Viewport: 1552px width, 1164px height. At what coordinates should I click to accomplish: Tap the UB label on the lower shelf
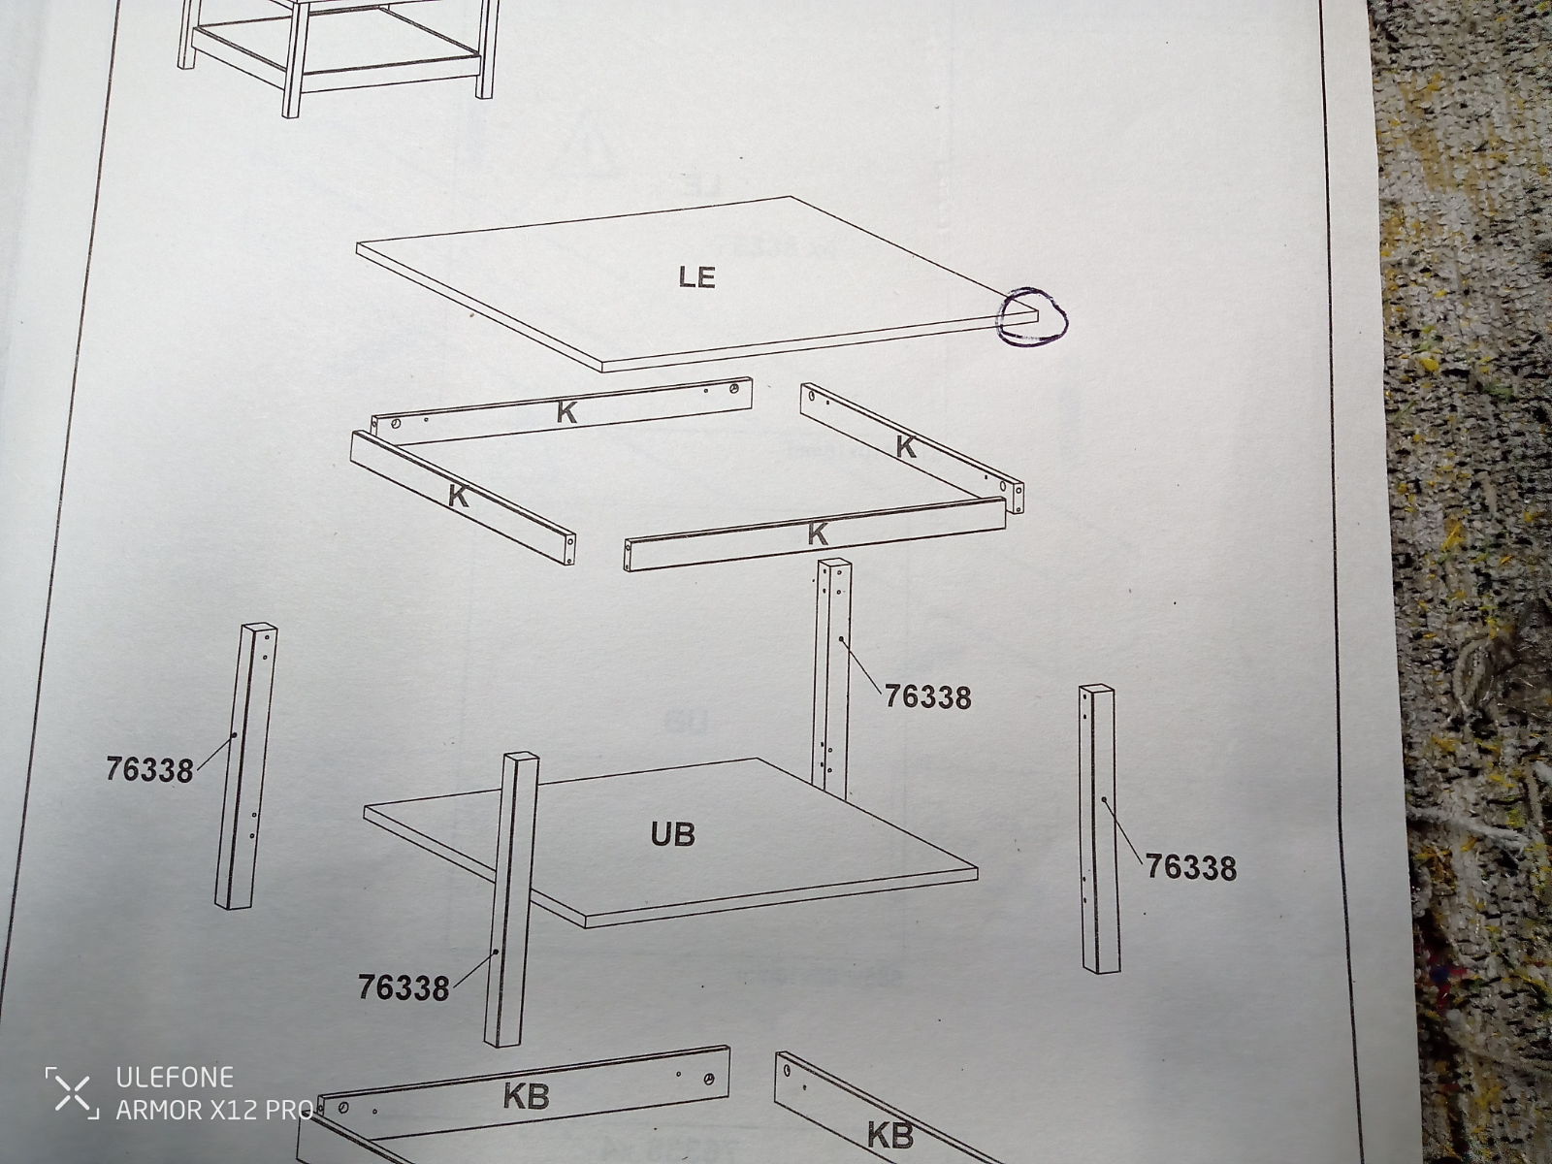click(672, 834)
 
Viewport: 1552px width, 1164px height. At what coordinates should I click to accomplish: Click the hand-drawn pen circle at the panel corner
click(1032, 318)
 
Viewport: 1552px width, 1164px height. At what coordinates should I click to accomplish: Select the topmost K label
click(566, 413)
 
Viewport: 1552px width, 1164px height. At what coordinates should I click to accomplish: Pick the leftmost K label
click(458, 496)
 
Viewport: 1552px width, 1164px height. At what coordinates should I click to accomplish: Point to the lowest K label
click(818, 533)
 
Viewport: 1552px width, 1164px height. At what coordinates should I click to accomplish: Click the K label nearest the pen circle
click(906, 446)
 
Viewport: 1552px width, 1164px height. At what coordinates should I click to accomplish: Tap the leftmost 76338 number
click(149, 769)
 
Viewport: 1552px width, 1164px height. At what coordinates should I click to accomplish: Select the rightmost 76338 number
click(1191, 867)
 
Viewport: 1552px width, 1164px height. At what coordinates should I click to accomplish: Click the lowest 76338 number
click(403, 987)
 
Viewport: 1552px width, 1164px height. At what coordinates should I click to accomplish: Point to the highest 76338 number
click(927, 696)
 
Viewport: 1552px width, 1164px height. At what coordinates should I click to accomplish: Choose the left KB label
click(526, 1096)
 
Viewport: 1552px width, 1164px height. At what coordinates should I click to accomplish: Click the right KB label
click(890, 1135)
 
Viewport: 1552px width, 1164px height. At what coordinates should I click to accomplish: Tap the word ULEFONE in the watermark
click(175, 1078)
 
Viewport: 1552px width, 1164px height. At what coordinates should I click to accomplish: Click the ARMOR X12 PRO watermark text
click(215, 1111)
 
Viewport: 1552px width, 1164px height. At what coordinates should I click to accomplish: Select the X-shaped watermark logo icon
click(73, 1093)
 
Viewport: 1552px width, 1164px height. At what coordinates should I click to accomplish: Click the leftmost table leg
click(245, 766)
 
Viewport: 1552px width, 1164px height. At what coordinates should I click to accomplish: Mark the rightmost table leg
click(1099, 829)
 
